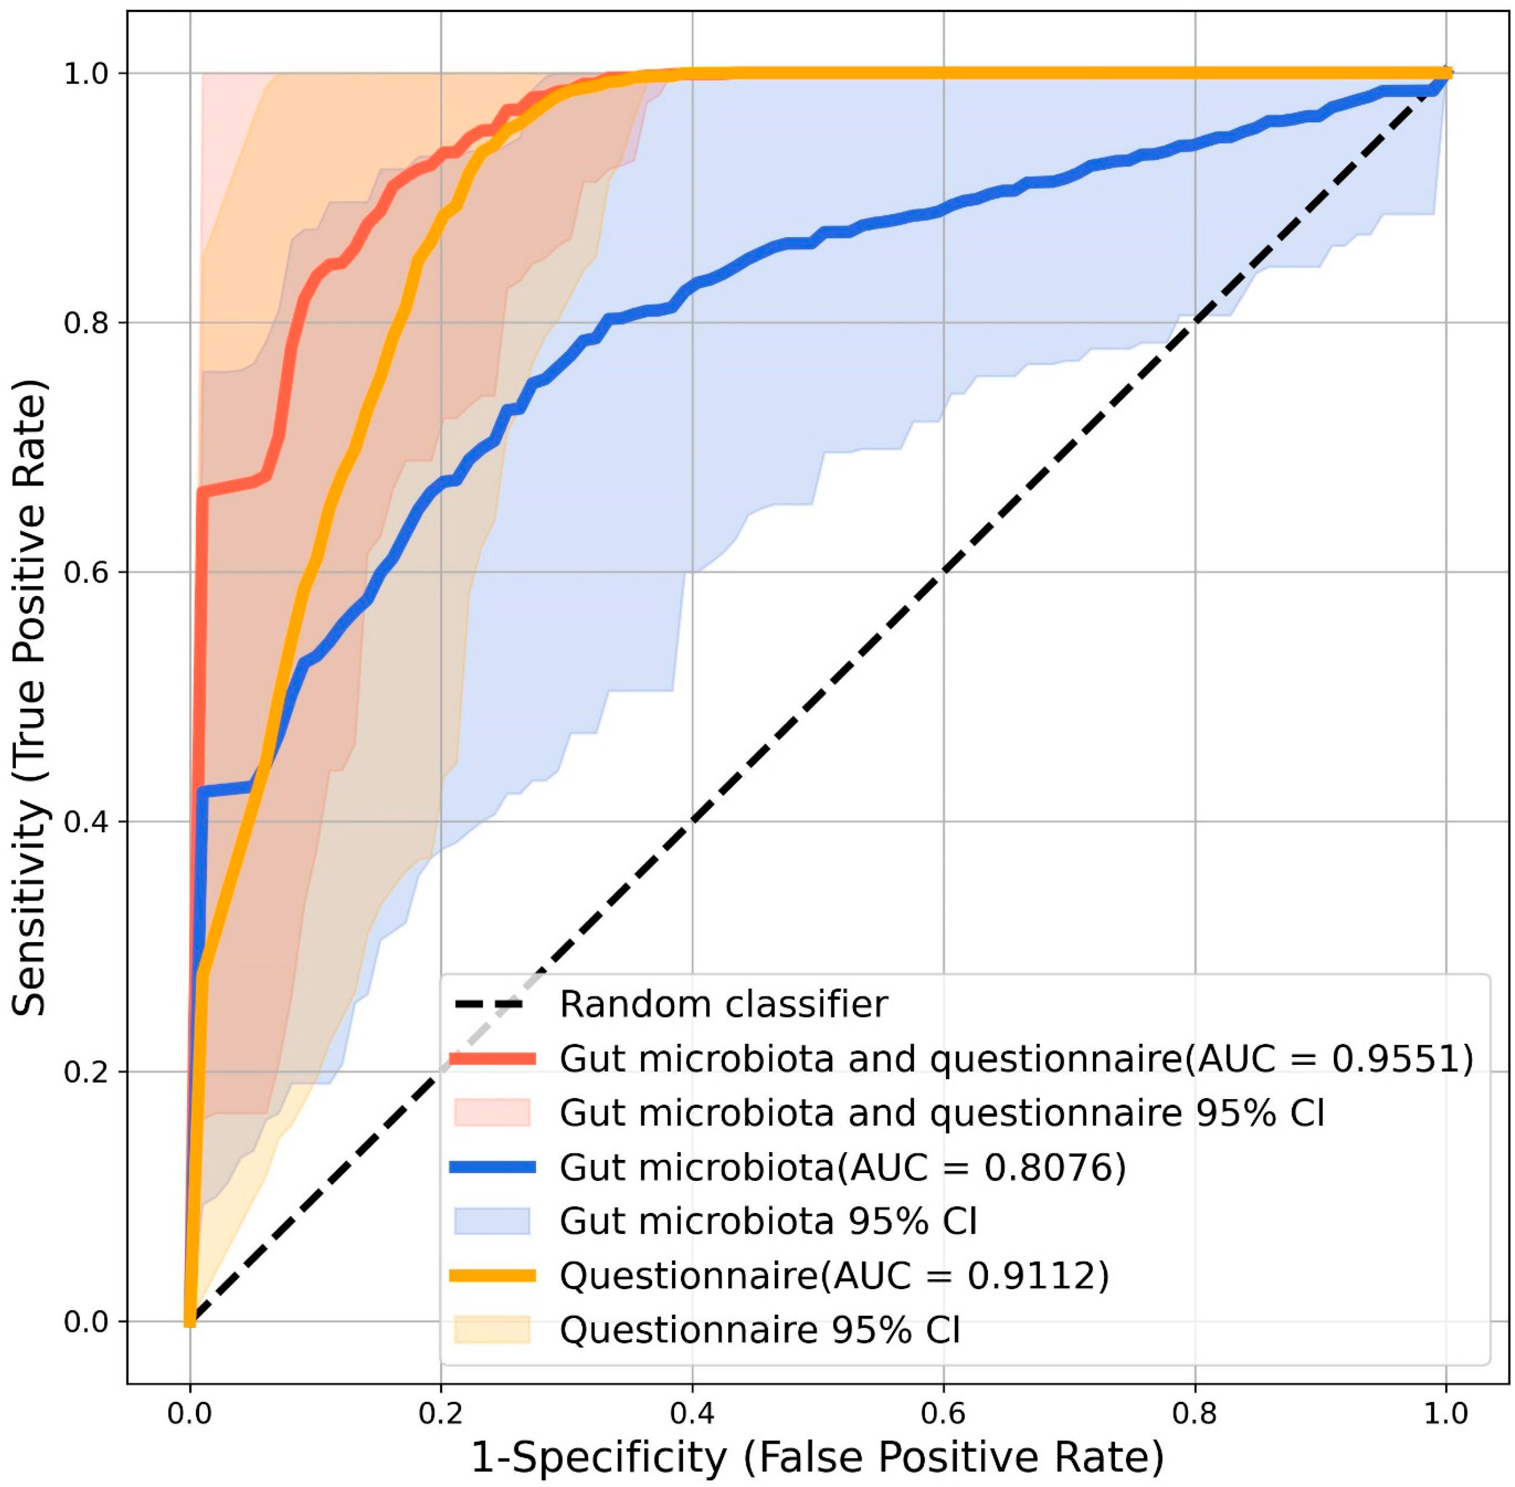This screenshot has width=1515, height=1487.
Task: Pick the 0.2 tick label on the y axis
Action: tap(86, 1071)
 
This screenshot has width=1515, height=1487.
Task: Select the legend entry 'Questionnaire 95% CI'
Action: tap(759, 1329)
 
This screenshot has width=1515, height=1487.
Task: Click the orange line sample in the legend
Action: tap(492, 1276)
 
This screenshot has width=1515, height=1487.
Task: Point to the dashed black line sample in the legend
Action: tap(492, 1004)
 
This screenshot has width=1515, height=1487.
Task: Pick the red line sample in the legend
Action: tap(492, 1059)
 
